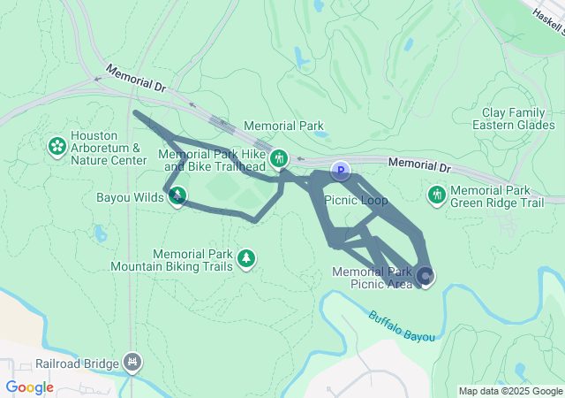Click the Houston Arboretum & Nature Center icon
point(57,144)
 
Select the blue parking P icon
point(340,169)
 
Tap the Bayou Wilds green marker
point(177,195)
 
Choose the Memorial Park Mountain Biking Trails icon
point(248,258)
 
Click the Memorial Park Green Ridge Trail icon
point(435,194)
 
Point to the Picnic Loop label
point(356,201)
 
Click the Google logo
point(29,387)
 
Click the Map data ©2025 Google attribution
point(510,391)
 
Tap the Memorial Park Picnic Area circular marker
point(426,276)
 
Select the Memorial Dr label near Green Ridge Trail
point(418,165)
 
